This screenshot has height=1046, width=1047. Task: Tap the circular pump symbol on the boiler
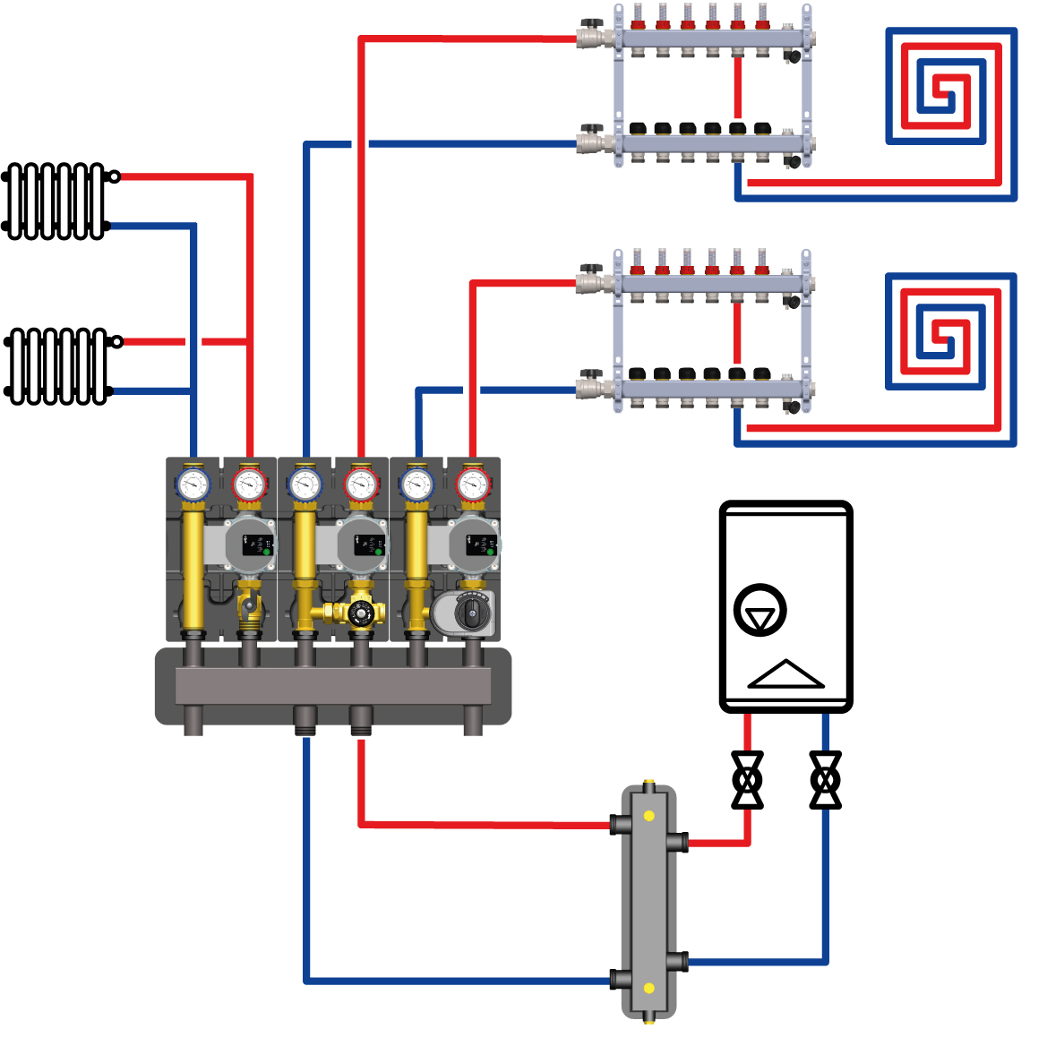click(760, 611)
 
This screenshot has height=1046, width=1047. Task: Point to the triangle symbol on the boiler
click(785, 674)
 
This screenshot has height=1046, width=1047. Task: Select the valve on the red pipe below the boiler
click(747, 780)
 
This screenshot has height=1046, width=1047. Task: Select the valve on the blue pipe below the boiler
click(825, 780)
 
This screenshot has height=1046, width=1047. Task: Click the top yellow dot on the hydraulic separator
click(648, 816)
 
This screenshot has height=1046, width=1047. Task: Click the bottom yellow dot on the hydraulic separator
click(648, 989)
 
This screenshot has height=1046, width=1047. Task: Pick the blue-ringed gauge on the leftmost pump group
click(193, 485)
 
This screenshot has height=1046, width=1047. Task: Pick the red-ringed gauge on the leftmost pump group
click(249, 485)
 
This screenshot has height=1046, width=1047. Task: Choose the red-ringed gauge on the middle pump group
click(361, 485)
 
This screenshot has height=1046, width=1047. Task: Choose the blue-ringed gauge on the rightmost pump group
click(416, 485)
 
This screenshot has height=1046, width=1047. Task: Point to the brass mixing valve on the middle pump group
click(360, 613)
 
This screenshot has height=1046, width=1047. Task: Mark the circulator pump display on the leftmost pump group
click(258, 544)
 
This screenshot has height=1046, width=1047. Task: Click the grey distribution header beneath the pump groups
click(332, 687)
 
